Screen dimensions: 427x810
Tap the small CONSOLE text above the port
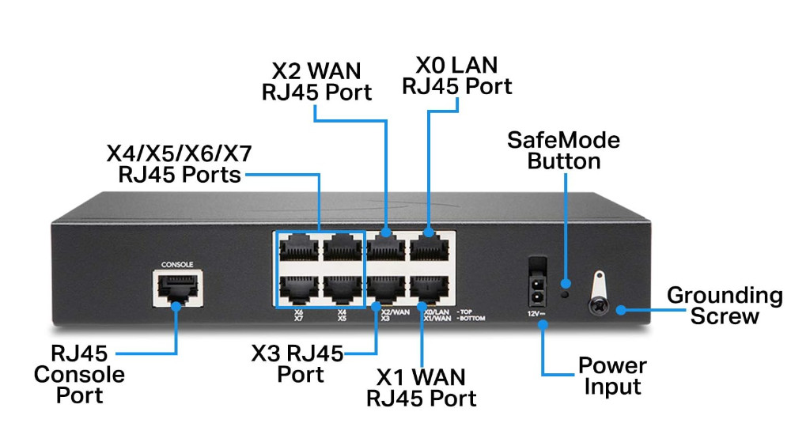176,264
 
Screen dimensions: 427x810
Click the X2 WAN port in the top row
386,248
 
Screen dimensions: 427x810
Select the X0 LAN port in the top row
430,248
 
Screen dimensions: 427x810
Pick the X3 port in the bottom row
386,289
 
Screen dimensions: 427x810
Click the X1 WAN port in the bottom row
430,289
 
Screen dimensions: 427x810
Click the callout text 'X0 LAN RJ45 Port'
456,74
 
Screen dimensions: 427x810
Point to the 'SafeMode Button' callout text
563,150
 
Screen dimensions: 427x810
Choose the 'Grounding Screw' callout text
725,306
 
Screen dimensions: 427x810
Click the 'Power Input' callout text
611,376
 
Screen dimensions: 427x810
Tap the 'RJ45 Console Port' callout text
79,373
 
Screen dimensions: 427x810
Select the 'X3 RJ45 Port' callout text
297,364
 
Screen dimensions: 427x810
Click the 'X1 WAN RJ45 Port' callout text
421,387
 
